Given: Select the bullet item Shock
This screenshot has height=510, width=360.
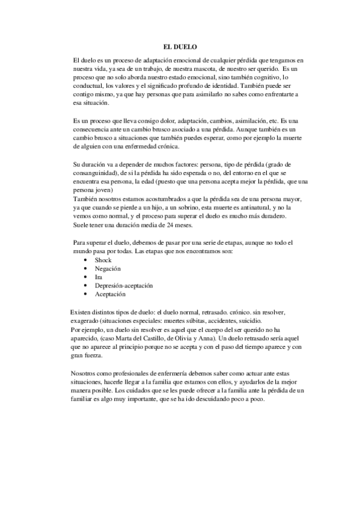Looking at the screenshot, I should (x=103, y=260).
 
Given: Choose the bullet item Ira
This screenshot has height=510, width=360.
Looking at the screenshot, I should (x=99, y=277).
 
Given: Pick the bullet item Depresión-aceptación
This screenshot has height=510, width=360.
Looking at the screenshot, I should (x=124, y=286).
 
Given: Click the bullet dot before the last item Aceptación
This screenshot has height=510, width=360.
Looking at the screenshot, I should (x=87, y=295).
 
